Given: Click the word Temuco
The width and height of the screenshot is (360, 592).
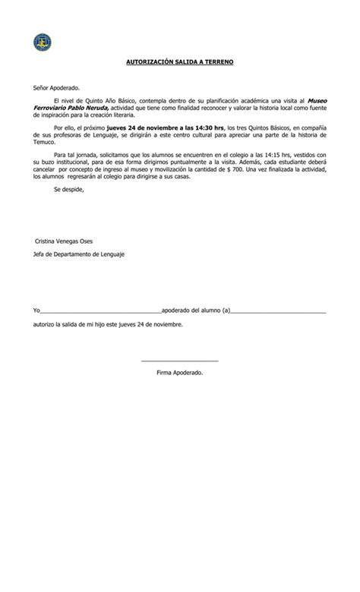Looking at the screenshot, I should [46, 140].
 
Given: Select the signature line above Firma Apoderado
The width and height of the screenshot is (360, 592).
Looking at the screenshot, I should [180, 360].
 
